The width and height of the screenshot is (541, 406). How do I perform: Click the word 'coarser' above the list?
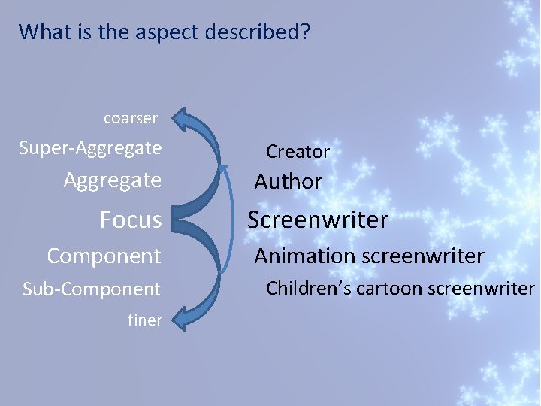coord(130,118)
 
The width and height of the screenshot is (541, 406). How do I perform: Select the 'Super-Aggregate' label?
coord(90,148)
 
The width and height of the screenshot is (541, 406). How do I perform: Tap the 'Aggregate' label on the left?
coord(113,180)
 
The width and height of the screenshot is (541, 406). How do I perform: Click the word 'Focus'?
coord(131,220)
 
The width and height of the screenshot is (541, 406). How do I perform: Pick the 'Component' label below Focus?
coord(104,256)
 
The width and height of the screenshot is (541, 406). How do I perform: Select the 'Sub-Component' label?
coord(92,289)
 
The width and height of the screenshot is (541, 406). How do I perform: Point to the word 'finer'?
coord(144,320)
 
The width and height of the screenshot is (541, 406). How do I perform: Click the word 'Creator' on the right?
coord(298,152)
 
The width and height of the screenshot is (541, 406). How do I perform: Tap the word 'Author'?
coord(288,182)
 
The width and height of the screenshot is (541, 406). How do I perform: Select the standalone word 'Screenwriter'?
coord(318,220)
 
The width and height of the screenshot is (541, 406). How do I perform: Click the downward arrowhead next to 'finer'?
coord(187,315)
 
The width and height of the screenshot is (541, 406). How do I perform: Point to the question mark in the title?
coord(306,32)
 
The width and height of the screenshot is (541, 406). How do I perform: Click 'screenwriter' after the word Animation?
coord(423,256)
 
